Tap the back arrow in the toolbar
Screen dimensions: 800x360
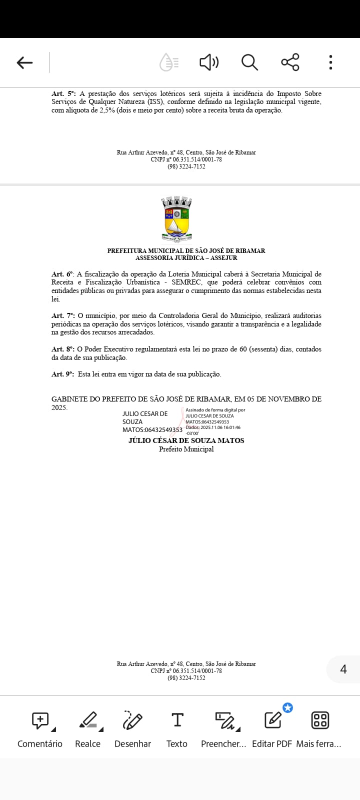[x=24, y=62]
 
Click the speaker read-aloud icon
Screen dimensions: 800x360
[x=209, y=62]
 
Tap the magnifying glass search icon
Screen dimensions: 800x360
[x=249, y=62]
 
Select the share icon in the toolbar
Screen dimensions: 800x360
[x=290, y=62]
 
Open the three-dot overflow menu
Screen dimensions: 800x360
[x=330, y=62]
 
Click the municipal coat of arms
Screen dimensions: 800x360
[x=176, y=219]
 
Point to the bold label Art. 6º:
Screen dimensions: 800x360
[x=62, y=274]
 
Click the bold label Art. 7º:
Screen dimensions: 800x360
[x=63, y=315]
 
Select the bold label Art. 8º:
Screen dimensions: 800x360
[x=63, y=349]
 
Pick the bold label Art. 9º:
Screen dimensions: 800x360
[x=63, y=374]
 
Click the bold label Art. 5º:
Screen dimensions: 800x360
[x=63, y=93]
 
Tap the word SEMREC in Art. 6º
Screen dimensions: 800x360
[x=186, y=282]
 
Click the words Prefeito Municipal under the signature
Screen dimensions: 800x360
[x=186, y=449]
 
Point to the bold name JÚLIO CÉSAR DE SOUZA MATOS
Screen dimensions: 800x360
[x=186, y=440]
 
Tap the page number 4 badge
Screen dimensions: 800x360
[x=343, y=669]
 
